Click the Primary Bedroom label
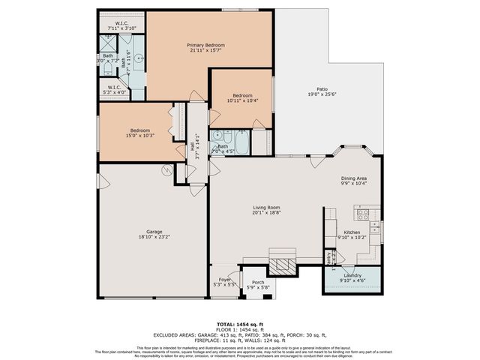[205, 45]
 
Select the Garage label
[154, 232]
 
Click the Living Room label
[266, 207]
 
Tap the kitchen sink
[375, 226]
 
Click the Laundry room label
[352, 275]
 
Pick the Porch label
[258, 282]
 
